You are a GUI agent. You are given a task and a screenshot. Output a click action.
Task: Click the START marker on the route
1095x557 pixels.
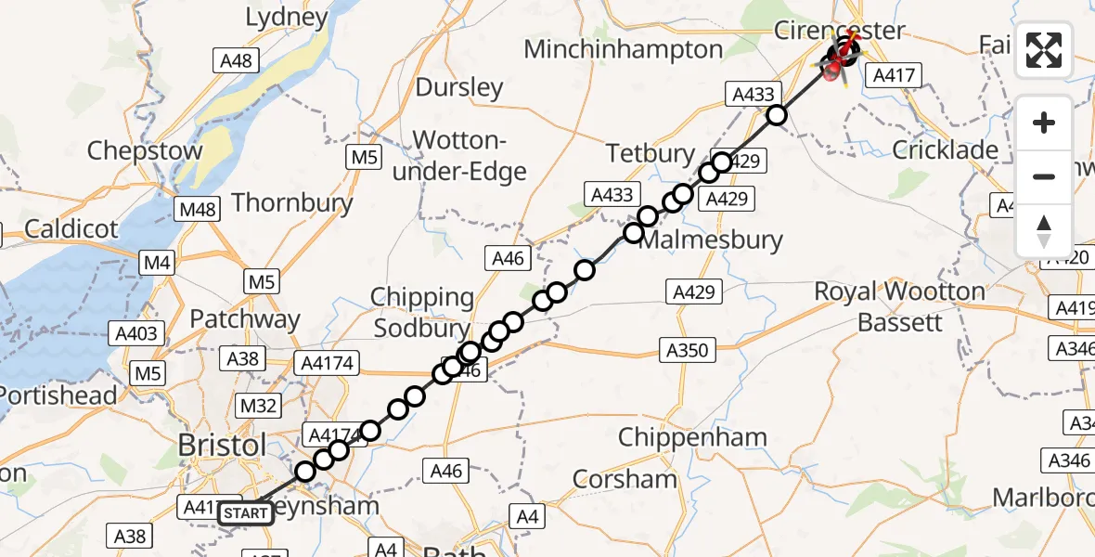(x=246, y=513)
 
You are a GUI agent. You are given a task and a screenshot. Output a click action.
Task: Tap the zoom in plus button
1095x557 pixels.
(x=1044, y=123)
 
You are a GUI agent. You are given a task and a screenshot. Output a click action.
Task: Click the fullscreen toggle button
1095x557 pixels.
(x=1044, y=49)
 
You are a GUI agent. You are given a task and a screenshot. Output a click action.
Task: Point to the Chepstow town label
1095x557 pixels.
(x=145, y=151)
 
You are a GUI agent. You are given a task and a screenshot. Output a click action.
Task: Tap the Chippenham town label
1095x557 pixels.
(x=692, y=437)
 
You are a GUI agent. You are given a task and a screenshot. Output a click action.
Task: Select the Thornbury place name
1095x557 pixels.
(x=292, y=202)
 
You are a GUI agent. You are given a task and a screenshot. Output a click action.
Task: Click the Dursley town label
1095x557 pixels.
(x=458, y=88)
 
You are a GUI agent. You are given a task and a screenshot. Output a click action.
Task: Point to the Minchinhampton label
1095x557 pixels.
(x=623, y=49)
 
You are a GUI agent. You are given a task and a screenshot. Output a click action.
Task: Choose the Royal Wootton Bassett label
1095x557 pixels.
(x=899, y=307)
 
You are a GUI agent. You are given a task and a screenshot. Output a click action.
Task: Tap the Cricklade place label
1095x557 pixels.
(x=945, y=150)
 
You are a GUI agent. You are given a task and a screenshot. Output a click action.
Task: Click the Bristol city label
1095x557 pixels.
(x=223, y=446)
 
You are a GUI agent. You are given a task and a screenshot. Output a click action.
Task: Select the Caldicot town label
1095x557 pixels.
(x=72, y=228)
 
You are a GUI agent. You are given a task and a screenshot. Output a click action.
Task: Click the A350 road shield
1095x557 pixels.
(x=687, y=350)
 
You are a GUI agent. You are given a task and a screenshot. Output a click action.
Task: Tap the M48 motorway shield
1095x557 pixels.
(x=199, y=209)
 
